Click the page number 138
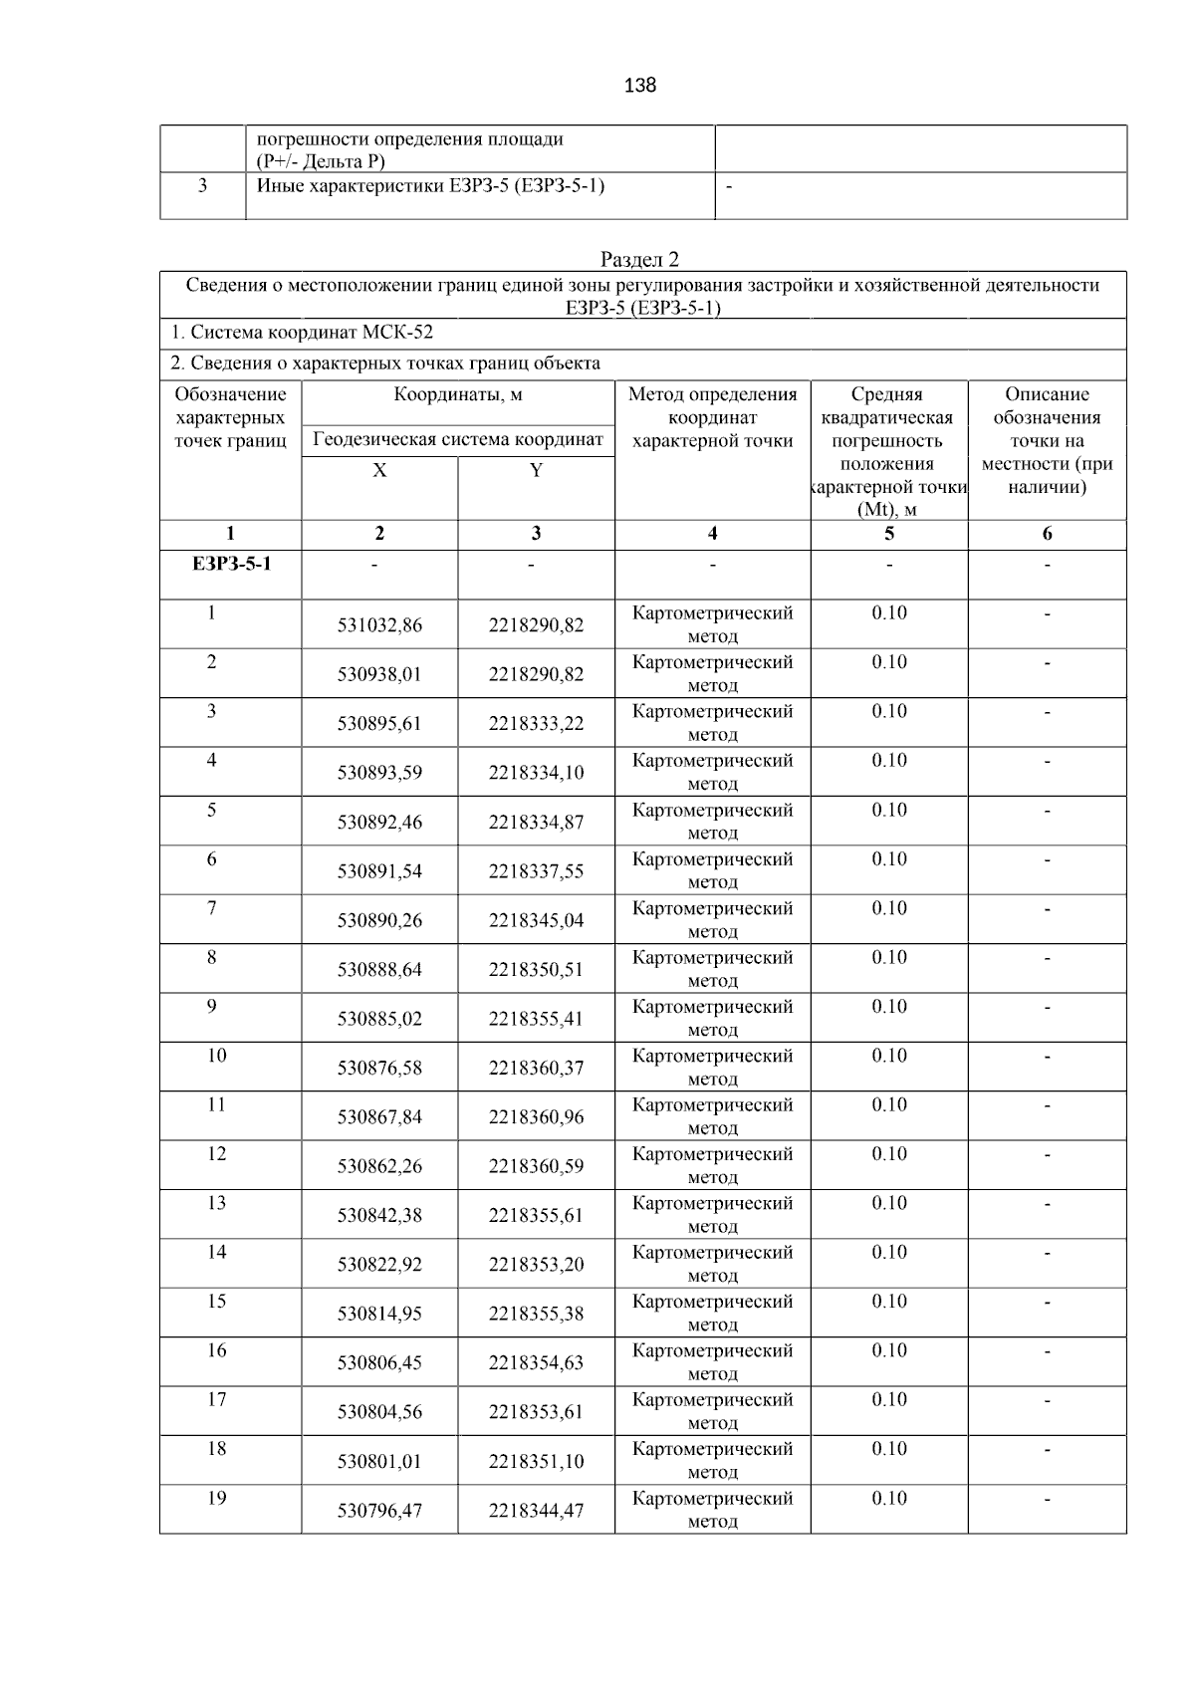coord(639,86)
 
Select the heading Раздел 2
coord(639,260)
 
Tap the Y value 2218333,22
coord(536,724)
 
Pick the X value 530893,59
coord(379,773)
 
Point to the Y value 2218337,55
coord(536,871)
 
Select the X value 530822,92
coord(379,1265)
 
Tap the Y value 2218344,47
coord(536,1511)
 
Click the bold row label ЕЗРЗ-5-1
coord(231,565)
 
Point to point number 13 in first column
coord(216,1203)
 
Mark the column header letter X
coord(379,471)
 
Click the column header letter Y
coord(536,471)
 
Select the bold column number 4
coord(712,534)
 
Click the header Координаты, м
coord(458,394)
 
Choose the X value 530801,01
coord(379,1462)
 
